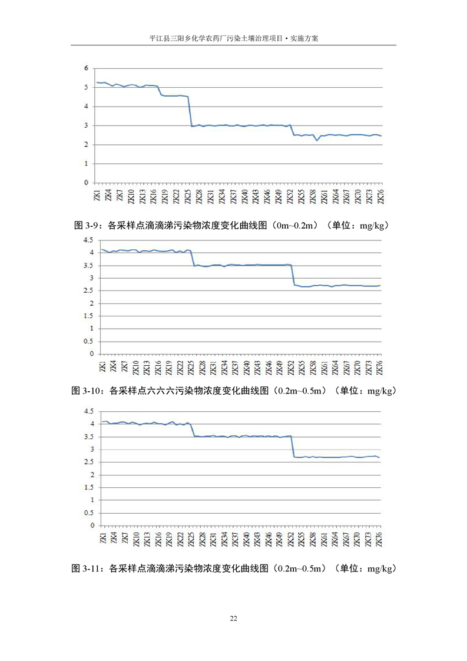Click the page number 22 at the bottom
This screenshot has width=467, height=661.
pos(233,618)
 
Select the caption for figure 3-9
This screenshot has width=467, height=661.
pos(233,225)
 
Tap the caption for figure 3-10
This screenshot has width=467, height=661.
pos(233,391)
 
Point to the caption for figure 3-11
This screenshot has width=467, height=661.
pos(233,569)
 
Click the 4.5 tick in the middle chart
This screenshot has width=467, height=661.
pos(88,240)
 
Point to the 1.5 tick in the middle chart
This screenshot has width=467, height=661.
pos(88,316)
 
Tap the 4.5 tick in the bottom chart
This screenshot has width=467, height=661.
pos(88,411)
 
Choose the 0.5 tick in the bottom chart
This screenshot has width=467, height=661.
pos(88,513)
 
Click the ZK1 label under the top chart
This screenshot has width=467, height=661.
pos(97,195)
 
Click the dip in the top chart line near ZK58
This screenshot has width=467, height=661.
pos(317,140)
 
